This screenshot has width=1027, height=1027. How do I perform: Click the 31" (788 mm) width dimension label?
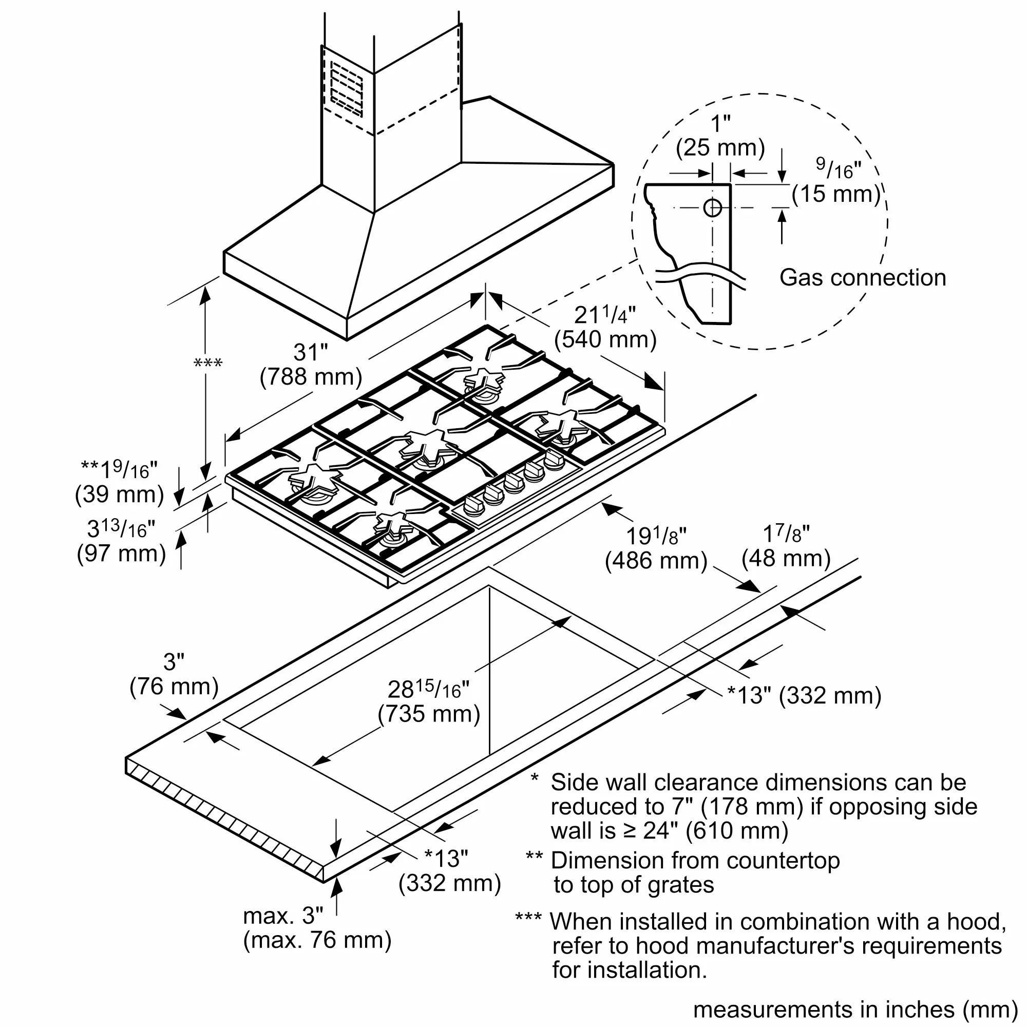click(311, 365)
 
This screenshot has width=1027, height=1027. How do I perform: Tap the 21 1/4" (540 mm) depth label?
click(605, 328)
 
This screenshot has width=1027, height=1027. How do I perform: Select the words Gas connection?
click(862, 278)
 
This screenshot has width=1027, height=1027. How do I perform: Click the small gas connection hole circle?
click(712, 208)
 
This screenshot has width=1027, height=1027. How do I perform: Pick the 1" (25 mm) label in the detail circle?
click(720, 136)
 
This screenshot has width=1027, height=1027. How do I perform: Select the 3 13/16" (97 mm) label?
click(121, 541)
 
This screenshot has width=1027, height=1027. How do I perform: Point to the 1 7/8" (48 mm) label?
click(786, 546)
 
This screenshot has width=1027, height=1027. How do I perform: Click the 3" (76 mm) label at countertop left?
click(174, 674)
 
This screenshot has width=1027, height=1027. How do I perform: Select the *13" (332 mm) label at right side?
click(804, 695)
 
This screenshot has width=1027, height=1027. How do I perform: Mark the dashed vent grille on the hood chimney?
click(347, 89)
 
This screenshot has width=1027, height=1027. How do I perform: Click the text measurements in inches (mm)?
click(855, 1010)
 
